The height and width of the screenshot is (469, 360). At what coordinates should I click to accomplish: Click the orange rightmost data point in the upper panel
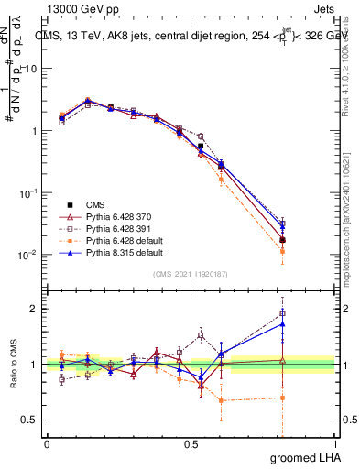click(x=282, y=251)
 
